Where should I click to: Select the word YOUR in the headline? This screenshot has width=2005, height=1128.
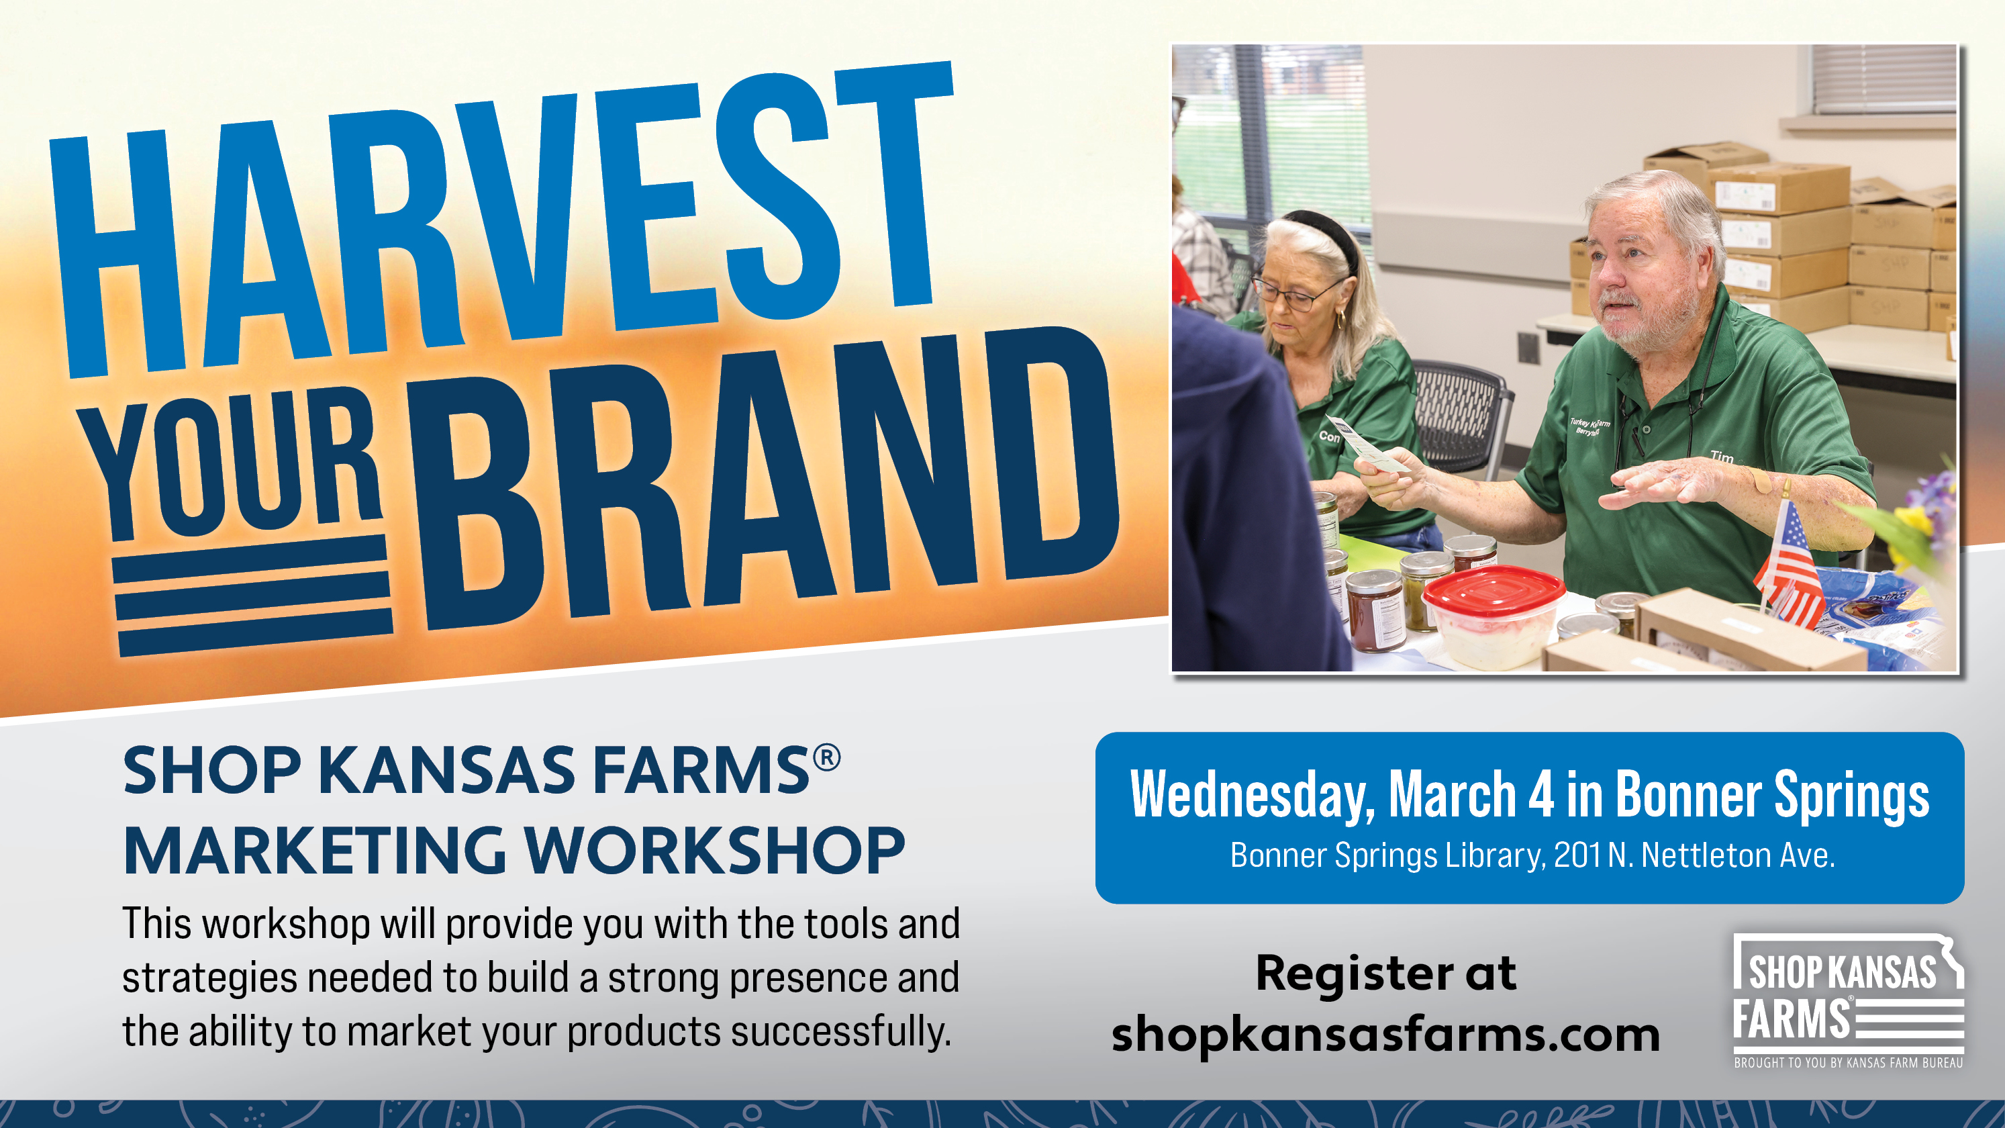click(234, 463)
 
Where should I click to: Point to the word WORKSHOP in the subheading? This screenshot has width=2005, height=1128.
click(714, 851)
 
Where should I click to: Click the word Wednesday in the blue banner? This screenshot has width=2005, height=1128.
click(1253, 796)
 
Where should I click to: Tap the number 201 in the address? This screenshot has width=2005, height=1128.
click(1577, 855)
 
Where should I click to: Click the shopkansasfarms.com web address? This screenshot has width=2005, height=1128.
click(1385, 1035)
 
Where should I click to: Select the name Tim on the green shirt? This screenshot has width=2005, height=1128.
click(1722, 457)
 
